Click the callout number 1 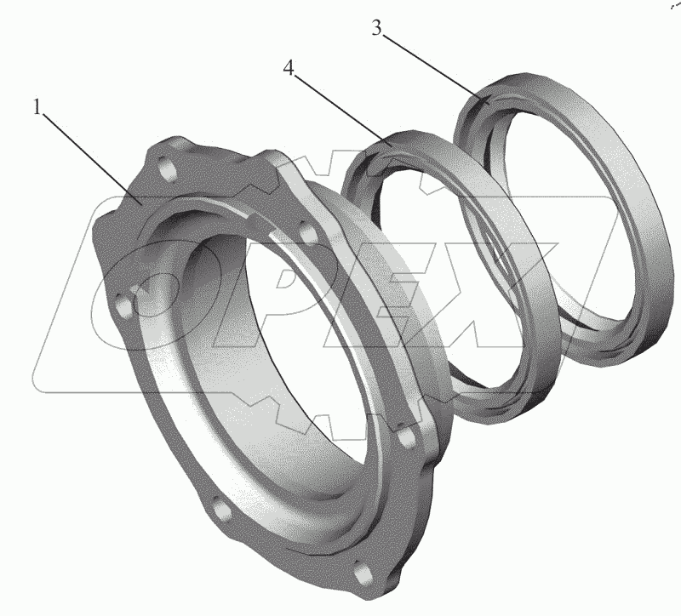(37, 107)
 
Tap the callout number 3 (376, 28)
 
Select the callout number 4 (289, 68)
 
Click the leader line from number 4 (343, 111)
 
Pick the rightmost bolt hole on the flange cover (407, 437)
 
